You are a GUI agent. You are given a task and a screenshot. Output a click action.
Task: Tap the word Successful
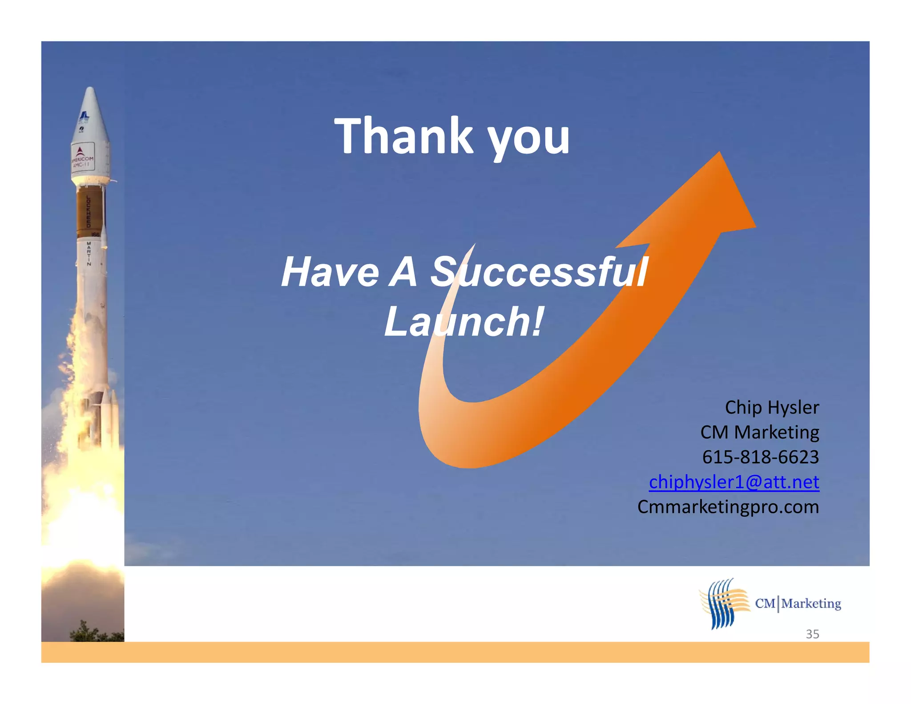point(539,272)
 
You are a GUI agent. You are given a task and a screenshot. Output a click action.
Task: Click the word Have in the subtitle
point(331,272)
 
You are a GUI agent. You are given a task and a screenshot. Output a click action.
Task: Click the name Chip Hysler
point(772,407)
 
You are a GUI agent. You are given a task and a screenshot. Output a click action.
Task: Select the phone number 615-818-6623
point(760,457)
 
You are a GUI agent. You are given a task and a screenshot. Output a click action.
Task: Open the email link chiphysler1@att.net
point(734,482)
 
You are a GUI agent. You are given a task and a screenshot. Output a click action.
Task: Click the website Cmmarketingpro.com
point(728,507)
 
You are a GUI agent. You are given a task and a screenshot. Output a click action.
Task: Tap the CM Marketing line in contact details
point(759,432)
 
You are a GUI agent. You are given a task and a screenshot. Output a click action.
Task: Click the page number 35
point(812,634)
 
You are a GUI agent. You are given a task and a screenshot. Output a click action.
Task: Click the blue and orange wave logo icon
point(723,603)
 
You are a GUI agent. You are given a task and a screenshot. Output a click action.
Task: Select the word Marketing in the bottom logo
point(811,603)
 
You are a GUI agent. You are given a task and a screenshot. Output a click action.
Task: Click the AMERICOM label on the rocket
point(83,159)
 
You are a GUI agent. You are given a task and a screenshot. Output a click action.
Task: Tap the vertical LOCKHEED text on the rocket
point(88,211)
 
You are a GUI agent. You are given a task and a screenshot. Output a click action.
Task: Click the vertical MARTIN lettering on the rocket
point(89,254)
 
